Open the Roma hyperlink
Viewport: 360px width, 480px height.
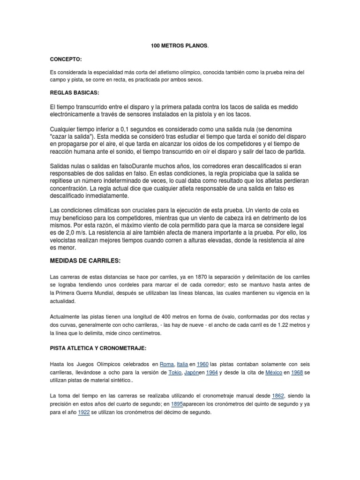(166, 364)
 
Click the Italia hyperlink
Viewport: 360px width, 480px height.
(183, 364)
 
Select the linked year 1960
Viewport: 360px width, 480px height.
(202, 364)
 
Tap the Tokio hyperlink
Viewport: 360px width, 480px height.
(176, 373)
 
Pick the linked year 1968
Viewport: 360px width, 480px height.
(298, 373)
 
